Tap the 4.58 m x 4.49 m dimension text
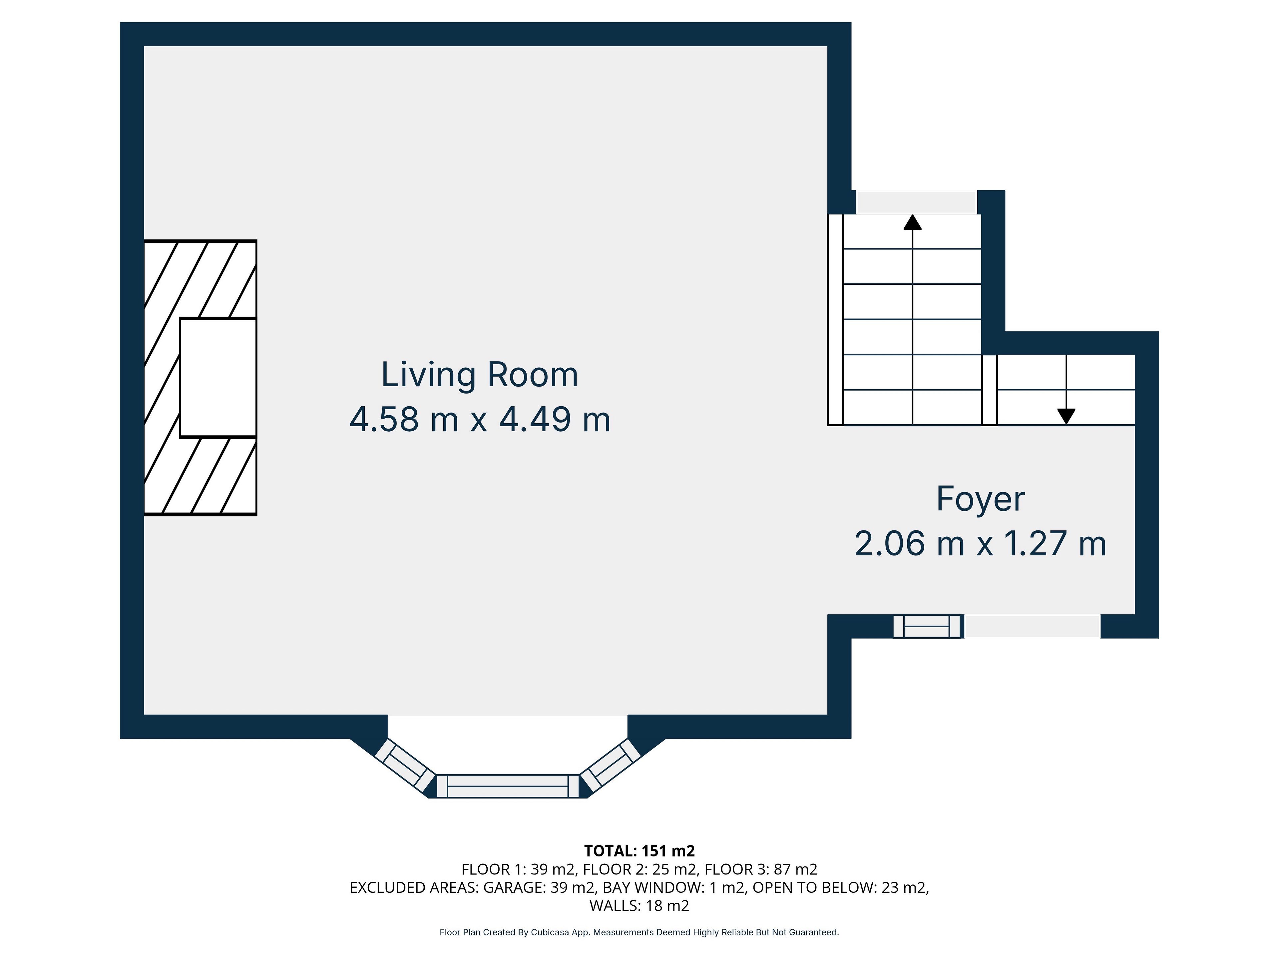point(480,420)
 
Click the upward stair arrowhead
point(912,222)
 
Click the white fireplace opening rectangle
point(218,378)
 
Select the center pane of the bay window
point(508,786)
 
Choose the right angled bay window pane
point(610,764)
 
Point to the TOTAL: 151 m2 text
point(639,851)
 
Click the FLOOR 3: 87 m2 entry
point(761,869)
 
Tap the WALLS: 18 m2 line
point(639,905)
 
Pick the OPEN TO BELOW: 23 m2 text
point(841,887)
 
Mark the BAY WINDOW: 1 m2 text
point(673,887)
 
